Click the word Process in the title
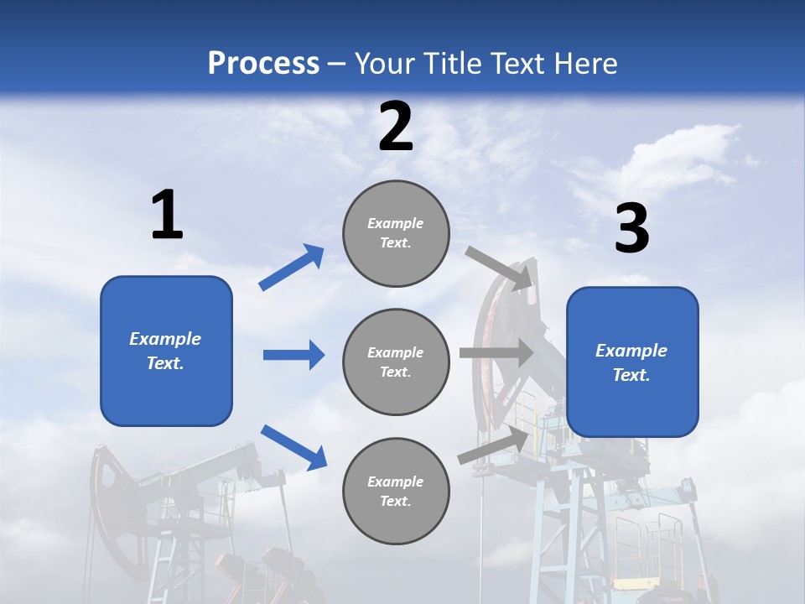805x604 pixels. click(263, 63)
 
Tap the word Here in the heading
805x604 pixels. click(585, 63)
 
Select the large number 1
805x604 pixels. click(167, 216)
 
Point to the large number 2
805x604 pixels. click(396, 127)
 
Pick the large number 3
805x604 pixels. click(631, 229)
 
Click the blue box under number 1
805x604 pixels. click(166, 351)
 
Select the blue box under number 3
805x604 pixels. click(632, 362)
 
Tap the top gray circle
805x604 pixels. click(396, 233)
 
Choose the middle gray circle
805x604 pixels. click(396, 362)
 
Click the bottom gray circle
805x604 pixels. click(396, 492)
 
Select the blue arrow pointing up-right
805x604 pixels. click(292, 268)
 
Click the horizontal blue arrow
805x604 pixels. click(293, 355)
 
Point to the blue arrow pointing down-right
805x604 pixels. click(293, 446)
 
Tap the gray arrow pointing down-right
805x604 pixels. click(500, 268)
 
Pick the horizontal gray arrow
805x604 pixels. click(496, 353)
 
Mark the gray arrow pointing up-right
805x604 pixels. click(493, 445)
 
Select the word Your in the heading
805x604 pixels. click(385, 63)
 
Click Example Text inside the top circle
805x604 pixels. click(396, 233)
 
